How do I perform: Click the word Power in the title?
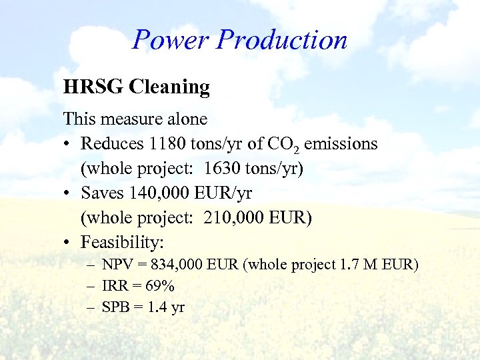click(170, 40)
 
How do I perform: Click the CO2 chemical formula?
click(283, 145)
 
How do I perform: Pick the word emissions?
click(341, 143)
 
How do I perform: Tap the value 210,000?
click(234, 218)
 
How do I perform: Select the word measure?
click(126, 119)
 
